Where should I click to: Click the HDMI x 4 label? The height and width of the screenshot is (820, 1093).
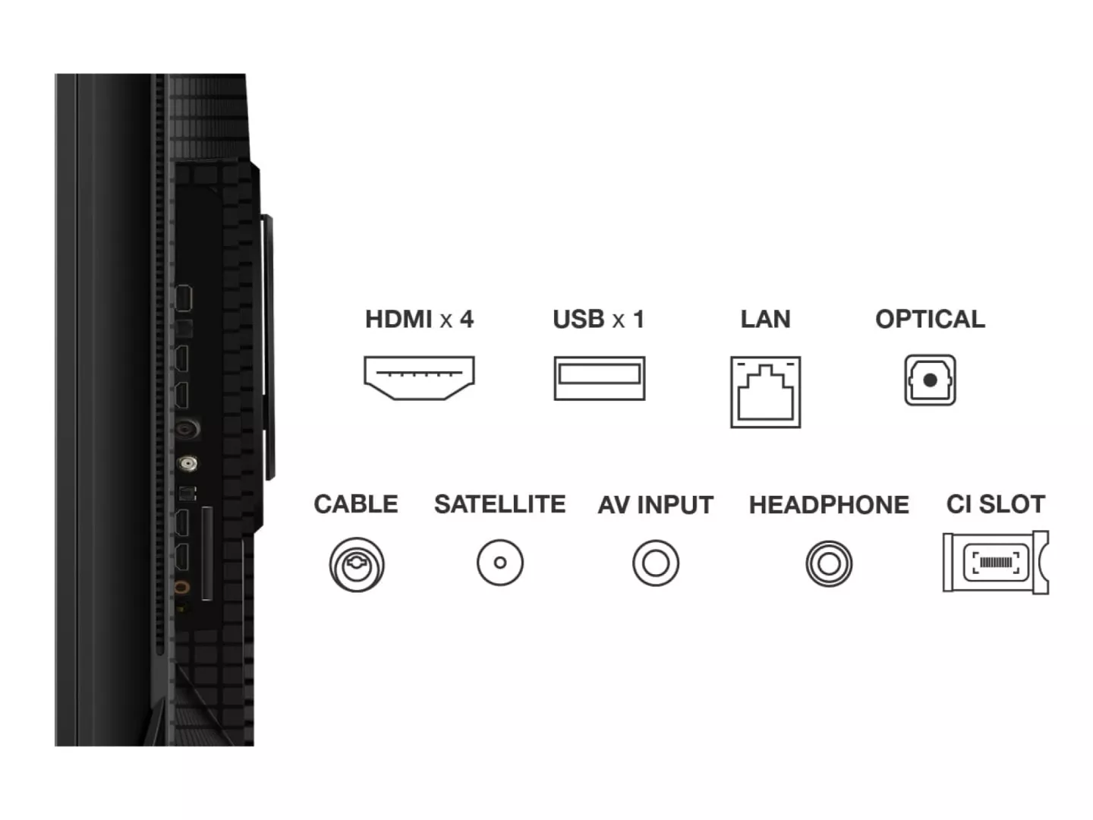[x=419, y=319]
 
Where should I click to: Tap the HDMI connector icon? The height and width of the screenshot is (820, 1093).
[x=419, y=378]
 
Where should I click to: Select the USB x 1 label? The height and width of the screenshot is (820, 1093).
[x=599, y=319]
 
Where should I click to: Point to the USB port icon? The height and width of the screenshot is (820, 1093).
[x=600, y=378]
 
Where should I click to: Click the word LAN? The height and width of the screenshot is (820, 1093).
[x=765, y=319]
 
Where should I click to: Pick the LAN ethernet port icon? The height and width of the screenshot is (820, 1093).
[x=766, y=392]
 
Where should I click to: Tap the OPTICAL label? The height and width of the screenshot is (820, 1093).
[x=930, y=319]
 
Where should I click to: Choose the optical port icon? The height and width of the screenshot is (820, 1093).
[x=930, y=380]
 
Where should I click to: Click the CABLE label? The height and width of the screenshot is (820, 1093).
[x=356, y=504]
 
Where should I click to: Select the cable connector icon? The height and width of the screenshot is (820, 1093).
[x=357, y=565]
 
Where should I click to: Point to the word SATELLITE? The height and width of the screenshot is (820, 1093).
[x=500, y=504]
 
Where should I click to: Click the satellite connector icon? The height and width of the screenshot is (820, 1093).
[x=500, y=563]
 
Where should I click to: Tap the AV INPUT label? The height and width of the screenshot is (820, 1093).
[x=656, y=504]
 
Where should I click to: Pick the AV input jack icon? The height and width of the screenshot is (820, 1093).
[x=656, y=563]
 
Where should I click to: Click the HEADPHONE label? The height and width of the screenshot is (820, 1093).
[x=829, y=504]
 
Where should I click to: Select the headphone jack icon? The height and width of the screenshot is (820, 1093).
[x=829, y=563]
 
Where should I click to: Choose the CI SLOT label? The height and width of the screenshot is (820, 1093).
[x=995, y=504]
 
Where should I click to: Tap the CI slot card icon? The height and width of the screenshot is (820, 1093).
[x=996, y=563]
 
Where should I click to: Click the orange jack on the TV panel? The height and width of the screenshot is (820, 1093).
[x=181, y=588]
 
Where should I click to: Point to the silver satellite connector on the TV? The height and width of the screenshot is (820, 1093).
[x=187, y=464]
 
